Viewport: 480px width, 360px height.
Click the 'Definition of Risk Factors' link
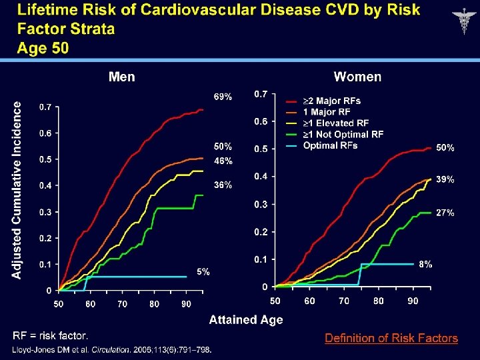pyautogui.click(x=391, y=338)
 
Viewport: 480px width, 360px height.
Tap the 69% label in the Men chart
pyautogui.click(x=223, y=97)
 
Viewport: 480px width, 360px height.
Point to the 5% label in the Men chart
pyautogui.click(x=203, y=271)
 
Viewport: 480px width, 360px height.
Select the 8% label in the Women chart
pyautogui.click(x=425, y=264)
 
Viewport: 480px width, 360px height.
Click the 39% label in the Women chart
pyautogui.click(x=445, y=179)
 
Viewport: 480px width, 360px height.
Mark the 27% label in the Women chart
pyautogui.click(x=445, y=213)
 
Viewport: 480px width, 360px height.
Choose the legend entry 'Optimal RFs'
pyautogui.click(x=330, y=145)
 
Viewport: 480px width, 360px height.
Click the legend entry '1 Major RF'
pyautogui.click(x=326, y=112)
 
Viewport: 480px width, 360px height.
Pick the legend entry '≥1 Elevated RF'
pyautogui.click(x=335, y=123)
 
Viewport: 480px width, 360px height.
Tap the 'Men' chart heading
pyautogui.click(x=121, y=77)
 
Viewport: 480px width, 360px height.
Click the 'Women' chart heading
pyautogui.click(x=357, y=77)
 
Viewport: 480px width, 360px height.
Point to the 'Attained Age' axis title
pyautogui.click(x=246, y=320)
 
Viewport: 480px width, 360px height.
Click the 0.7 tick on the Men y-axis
pyautogui.click(x=45, y=107)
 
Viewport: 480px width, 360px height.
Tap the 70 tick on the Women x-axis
pyautogui.click(x=344, y=301)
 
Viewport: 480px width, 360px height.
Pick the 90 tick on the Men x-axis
pyautogui.click(x=186, y=304)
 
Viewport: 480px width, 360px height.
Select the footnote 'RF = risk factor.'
pyautogui.click(x=50, y=335)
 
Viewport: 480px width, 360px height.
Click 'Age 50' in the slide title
pyautogui.click(x=43, y=48)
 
